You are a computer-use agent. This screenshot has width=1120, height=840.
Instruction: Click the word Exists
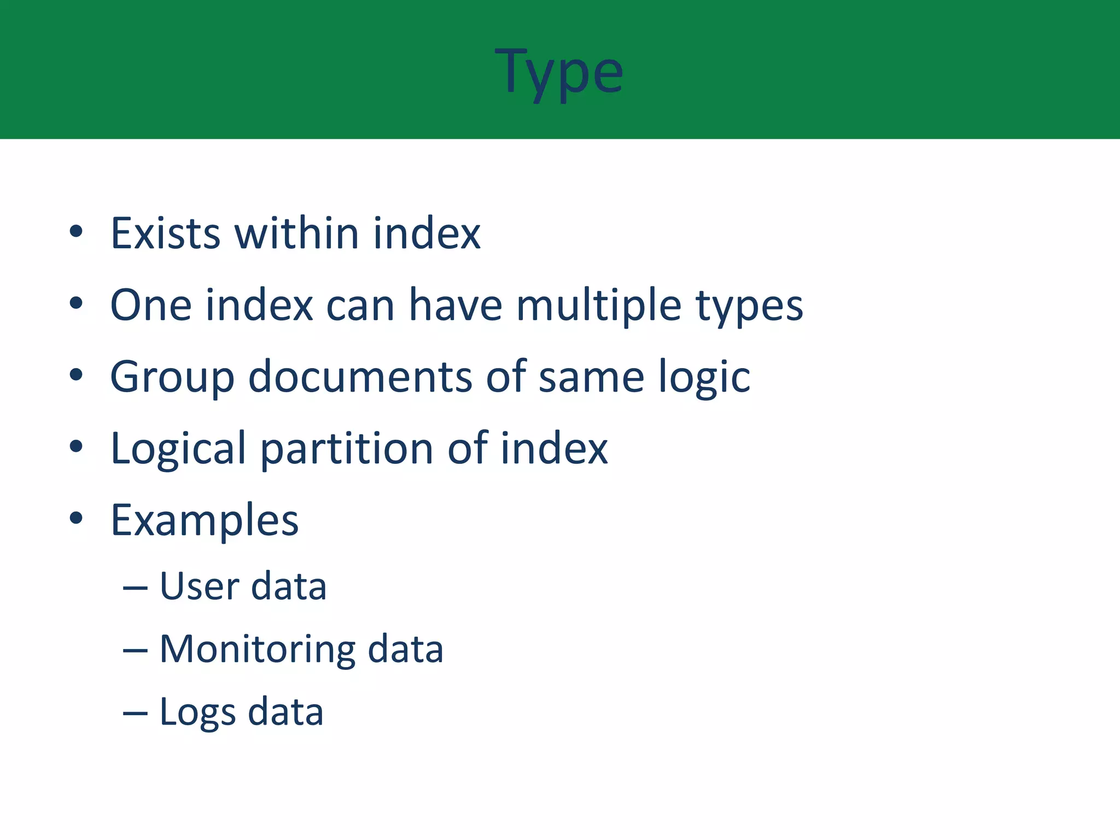(x=165, y=234)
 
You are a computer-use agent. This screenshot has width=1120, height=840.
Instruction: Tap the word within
(x=296, y=234)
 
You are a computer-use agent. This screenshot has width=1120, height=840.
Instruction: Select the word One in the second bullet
(x=151, y=305)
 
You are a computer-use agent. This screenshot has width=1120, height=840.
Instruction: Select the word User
(x=199, y=586)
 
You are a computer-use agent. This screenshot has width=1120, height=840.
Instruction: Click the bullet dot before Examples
(x=76, y=517)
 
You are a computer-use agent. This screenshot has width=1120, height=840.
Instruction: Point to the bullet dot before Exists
(x=76, y=231)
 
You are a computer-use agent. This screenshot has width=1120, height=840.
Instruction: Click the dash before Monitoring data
(x=135, y=651)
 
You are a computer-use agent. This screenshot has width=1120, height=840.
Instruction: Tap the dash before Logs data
(x=135, y=714)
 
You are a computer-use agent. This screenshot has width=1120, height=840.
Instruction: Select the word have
(x=455, y=305)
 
